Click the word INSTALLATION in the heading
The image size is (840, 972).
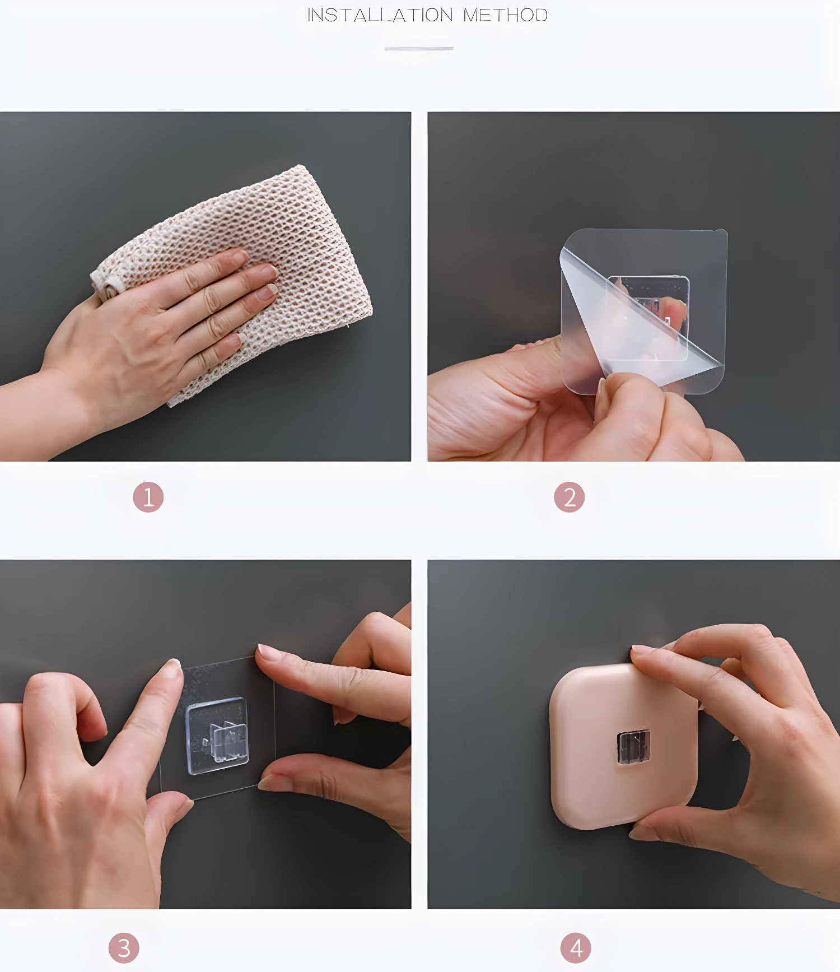tap(380, 15)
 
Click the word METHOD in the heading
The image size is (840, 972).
tap(505, 15)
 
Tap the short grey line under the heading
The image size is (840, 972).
tap(419, 49)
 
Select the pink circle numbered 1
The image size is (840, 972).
tap(148, 497)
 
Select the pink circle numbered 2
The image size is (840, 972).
tap(569, 497)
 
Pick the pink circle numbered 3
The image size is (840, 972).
tap(124, 948)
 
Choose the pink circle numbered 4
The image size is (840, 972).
tap(576, 948)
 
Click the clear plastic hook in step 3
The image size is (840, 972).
tap(217, 736)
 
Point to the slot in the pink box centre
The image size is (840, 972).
tap(633, 747)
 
